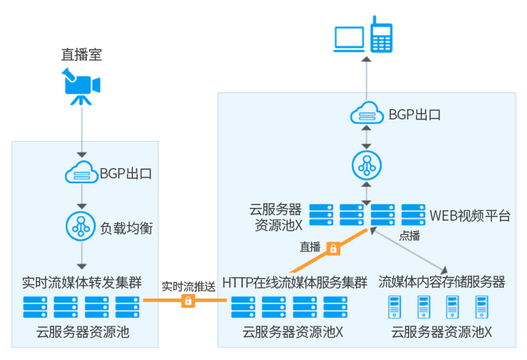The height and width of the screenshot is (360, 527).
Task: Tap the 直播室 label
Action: pos(82,56)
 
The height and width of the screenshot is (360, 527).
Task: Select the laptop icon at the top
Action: pos(349,38)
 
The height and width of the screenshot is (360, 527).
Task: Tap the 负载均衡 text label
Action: pos(127,228)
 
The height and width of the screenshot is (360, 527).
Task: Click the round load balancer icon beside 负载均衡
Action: pos(80,227)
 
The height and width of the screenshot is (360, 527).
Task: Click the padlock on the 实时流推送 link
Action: pos(188,300)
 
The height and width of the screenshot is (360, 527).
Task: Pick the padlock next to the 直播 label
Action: pos(334,248)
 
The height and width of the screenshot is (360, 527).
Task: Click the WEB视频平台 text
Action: pos(470,215)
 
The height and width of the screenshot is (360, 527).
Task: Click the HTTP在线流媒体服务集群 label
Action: pos(295,282)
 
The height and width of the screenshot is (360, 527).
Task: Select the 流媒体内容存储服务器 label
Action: pos(442,282)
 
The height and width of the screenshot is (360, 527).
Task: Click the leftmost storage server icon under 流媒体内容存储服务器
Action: pos(392,307)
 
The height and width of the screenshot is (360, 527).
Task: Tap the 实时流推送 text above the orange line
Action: pos(188,285)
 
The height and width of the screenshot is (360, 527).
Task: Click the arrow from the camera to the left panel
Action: pos(80,131)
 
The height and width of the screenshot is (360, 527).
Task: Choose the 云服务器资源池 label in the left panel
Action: pos(82,331)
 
